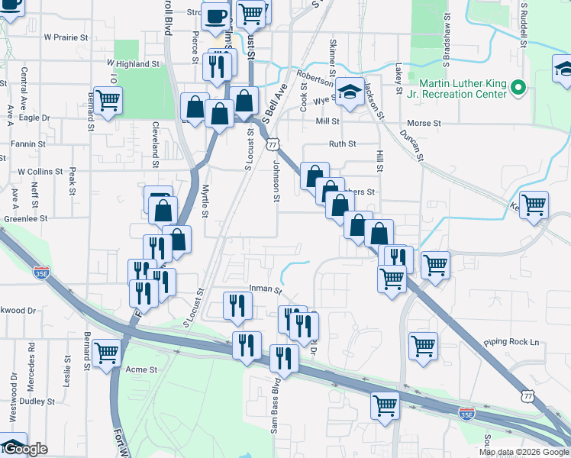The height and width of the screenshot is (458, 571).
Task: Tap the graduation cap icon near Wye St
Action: (x=350, y=93)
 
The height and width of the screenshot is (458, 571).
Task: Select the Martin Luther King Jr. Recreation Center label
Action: (x=463, y=88)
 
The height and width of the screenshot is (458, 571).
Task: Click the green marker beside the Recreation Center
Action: (x=518, y=88)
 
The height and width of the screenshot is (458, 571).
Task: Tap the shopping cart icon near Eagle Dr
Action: (x=108, y=98)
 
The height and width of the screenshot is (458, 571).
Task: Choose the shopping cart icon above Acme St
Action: (x=107, y=352)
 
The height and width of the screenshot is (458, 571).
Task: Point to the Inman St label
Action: (x=265, y=290)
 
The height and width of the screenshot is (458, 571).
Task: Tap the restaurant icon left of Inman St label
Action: (x=236, y=305)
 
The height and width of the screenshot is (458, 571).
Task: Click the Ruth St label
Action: (x=342, y=144)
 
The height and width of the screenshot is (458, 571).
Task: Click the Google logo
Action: (x=24, y=449)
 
